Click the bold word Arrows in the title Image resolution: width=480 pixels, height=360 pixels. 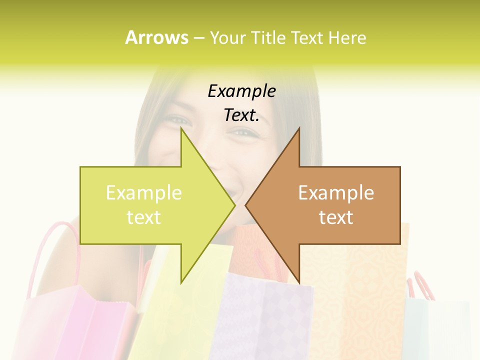(156, 37)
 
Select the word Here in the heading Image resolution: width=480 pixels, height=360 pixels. (347, 38)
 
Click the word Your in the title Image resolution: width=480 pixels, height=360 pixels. (228, 38)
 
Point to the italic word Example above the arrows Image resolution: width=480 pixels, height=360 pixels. (241, 91)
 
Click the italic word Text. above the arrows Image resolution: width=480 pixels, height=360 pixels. (241, 115)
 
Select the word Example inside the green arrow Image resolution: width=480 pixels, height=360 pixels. (144, 193)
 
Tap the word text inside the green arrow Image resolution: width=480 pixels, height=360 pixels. (144, 217)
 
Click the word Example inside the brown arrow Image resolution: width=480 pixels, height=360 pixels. (336, 193)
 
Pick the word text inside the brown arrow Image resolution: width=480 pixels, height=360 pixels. (336, 217)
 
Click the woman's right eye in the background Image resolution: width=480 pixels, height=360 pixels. (244, 132)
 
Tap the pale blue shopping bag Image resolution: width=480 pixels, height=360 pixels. (435, 330)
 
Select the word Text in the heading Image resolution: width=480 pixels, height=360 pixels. (308, 38)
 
